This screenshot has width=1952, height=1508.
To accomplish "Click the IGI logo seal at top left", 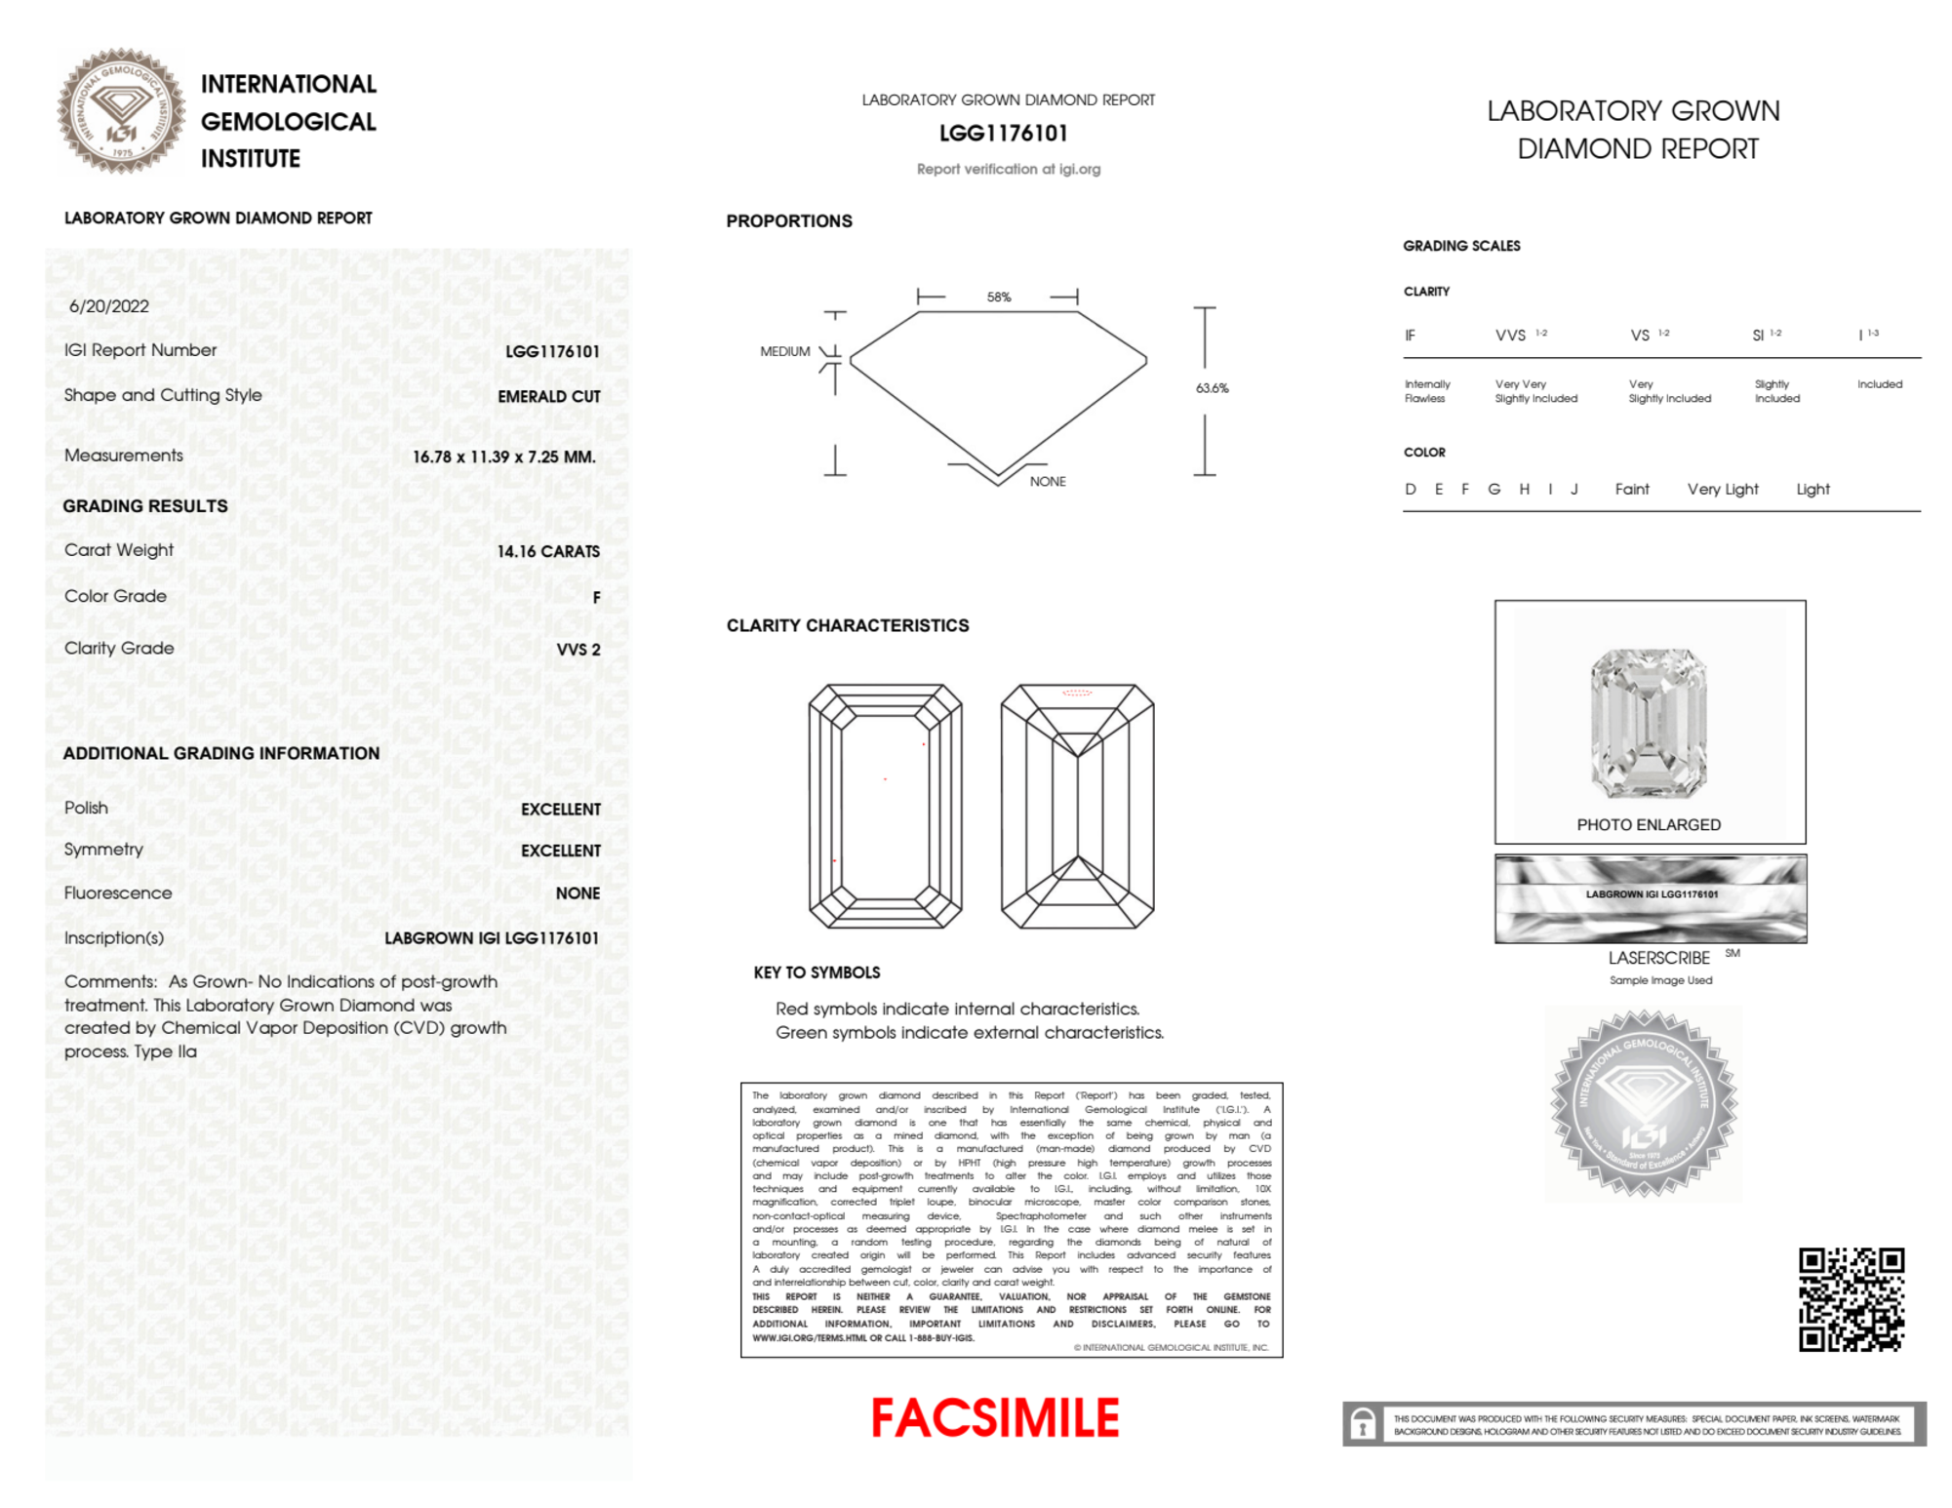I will (x=121, y=111).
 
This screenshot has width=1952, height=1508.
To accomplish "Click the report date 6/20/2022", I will (x=109, y=306).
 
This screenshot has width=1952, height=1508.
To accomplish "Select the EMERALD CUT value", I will (x=548, y=396).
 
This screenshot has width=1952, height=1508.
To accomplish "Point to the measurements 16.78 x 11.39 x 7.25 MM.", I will (x=503, y=456).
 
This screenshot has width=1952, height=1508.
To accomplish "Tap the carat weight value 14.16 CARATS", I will (x=548, y=551).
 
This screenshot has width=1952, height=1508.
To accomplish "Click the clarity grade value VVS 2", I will (x=578, y=650).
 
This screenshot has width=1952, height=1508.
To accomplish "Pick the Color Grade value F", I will (x=596, y=597).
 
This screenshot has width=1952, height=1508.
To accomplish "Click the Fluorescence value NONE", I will (x=578, y=893).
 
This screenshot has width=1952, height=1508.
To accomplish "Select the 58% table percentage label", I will (x=999, y=298).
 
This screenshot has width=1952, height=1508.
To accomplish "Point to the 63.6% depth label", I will (x=1212, y=388).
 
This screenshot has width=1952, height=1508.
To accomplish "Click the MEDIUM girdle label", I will (x=784, y=351).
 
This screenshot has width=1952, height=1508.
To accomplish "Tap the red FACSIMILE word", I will (x=995, y=1418).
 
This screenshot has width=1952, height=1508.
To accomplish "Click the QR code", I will (x=1851, y=1299).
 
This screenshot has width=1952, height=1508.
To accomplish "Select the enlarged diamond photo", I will (x=1649, y=722).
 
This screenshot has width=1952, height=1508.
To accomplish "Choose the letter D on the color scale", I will (x=1410, y=490).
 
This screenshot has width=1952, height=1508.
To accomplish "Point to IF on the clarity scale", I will (x=1410, y=336).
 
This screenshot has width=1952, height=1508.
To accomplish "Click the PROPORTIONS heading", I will (x=788, y=221).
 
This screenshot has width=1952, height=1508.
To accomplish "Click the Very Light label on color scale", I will (x=1723, y=490).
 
